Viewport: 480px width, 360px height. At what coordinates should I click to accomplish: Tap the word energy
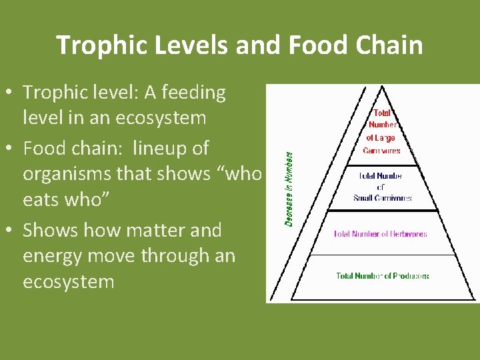tap(54, 256)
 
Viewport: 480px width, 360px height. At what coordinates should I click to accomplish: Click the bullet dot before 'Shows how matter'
tap(11, 231)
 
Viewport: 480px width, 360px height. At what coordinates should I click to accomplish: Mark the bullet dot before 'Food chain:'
tap(11, 148)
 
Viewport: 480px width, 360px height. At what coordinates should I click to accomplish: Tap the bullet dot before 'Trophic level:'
tap(11, 93)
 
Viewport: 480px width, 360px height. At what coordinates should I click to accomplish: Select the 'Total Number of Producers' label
tap(382, 275)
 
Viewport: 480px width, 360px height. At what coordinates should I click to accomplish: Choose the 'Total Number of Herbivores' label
tap(380, 234)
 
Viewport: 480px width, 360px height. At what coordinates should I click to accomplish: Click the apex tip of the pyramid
tap(381, 87)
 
